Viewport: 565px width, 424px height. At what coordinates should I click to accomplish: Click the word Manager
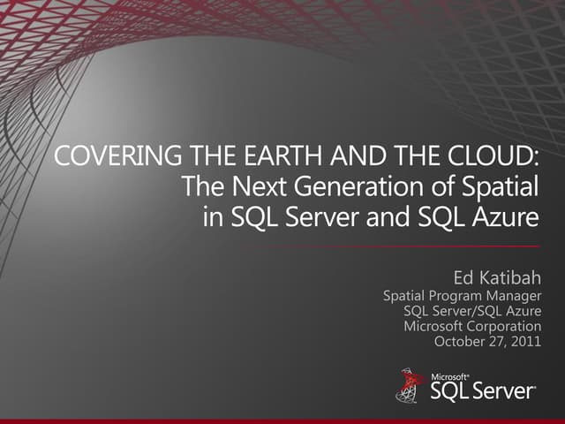516,297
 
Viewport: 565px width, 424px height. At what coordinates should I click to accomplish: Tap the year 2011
525,342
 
